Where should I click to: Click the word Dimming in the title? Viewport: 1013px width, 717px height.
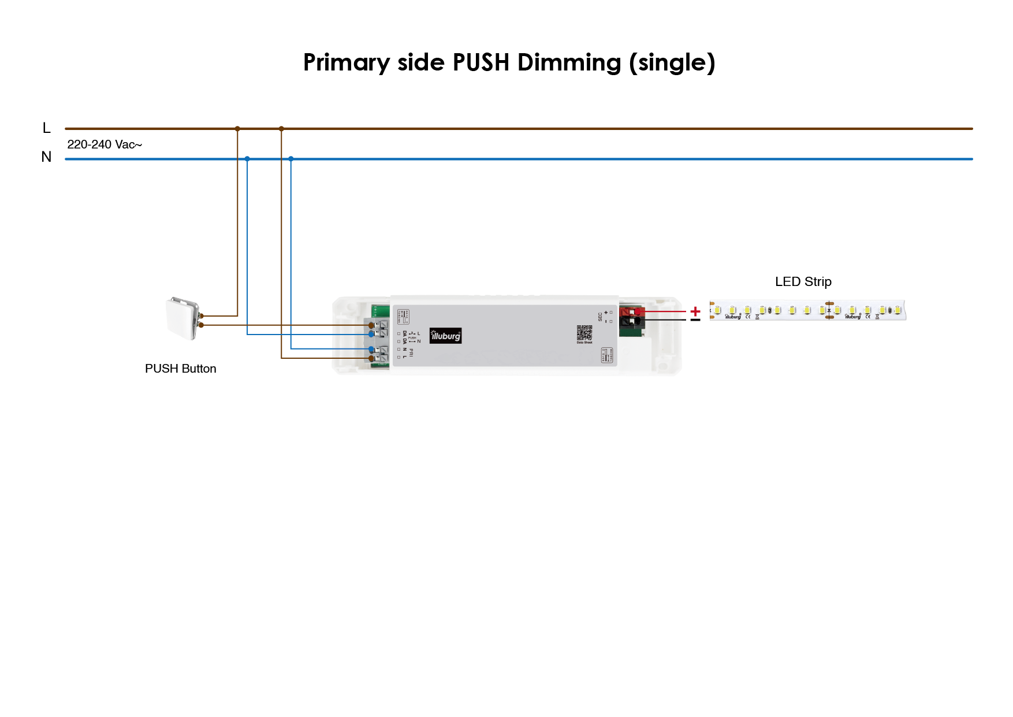[x=569, y=62]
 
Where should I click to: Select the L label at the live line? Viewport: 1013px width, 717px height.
[x=47, y=128]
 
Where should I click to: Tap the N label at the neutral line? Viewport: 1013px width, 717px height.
[x=46, y=157]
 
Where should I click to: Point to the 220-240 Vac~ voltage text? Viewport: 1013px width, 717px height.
[x=105, y=144]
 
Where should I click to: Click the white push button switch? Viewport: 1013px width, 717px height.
[x=182, y=318]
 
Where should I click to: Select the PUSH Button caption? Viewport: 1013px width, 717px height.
[x=180, y=369]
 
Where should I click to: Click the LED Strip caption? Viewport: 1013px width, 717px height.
[x=803, y=281]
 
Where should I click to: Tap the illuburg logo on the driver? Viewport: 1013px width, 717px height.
[x=445, y=336]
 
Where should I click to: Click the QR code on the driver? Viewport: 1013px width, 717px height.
[x=584, y=333]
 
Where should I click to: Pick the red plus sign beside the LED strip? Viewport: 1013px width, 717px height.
[x=695, y=311]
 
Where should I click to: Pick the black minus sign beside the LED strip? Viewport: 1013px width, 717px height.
[x=695, y=320]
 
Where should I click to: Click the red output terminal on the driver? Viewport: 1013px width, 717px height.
[x=631, y=311]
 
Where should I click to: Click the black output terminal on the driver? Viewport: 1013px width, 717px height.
[x=631, y=321]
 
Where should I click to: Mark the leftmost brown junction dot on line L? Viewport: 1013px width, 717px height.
[x=237, y=129]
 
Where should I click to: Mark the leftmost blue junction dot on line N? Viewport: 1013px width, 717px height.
[x=247, y=158]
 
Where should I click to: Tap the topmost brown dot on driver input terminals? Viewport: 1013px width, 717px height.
[x=371, y=325]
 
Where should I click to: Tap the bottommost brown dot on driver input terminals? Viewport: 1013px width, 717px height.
[x=371, y=358]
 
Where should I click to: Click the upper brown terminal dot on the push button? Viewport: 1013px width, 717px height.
[x=201, y=316]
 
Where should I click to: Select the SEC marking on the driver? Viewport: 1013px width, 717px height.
[x=600, y=316]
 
